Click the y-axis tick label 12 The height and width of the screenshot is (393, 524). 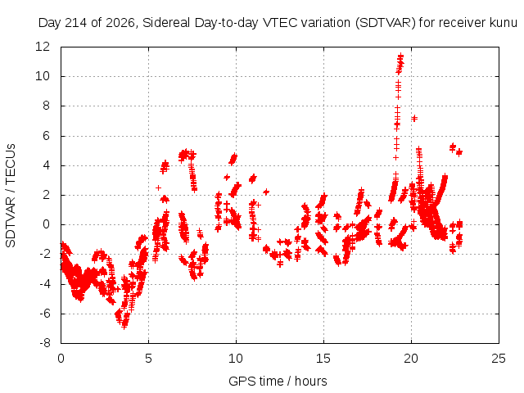tap(43, 46)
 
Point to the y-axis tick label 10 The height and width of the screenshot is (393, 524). tap(43, 76)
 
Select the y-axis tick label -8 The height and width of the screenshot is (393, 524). tap(45, 343)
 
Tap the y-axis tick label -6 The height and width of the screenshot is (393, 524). tap(45, 314)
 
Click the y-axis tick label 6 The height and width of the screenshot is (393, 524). tap(46, 136)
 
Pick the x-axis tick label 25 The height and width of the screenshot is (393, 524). tap(499, 359)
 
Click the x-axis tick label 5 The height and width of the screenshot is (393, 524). tap(148, 359)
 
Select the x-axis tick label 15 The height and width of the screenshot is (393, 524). tap(323, 359)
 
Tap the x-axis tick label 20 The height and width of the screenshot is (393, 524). tap(411, 359)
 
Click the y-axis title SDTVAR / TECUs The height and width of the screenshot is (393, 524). tap(11, 196)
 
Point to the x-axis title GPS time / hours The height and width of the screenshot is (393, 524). tap(278, 381)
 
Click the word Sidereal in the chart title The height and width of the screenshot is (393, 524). tap(166, 23)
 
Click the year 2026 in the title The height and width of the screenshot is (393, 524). tap(120, 23)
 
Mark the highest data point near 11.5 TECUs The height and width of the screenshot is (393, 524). tap(400, 56)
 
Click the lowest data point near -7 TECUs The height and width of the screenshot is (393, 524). tap(124, 326)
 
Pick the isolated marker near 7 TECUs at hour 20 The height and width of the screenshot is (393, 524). tap(414, 118)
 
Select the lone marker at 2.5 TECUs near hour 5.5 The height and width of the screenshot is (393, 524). tap(158, 187)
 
